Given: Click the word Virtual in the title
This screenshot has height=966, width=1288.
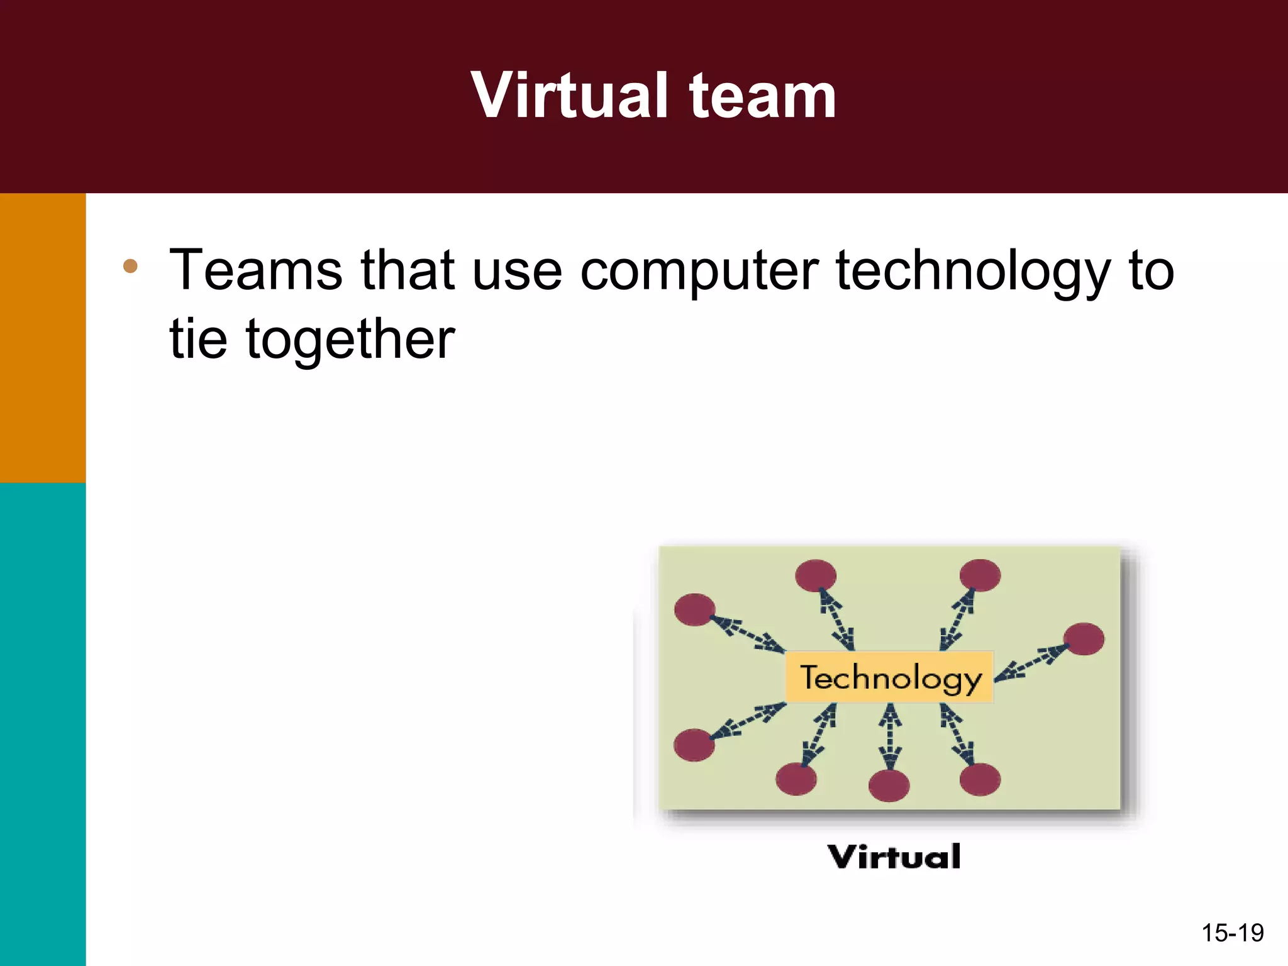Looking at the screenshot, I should tap(569, 96).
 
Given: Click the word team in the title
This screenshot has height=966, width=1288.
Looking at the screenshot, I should tap(762, 96).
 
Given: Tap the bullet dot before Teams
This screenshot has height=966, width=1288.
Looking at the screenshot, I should tap(130, 266).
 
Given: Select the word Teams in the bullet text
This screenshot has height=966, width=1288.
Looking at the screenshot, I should tap(256, 270).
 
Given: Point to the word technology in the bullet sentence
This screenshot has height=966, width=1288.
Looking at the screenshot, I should tap(974, 270).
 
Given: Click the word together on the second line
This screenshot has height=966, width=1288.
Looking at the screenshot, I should tap(350, 340).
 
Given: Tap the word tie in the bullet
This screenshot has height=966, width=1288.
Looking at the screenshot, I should tap(198, 340).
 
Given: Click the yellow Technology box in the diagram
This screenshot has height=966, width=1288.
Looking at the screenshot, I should tap(889, 677).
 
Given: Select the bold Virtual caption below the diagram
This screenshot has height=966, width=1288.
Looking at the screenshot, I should tap(894, 857).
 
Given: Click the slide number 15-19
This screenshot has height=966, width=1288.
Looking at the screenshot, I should tap(1232, 933).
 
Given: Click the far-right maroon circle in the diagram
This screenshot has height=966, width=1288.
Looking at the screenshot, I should tap(1084, 639).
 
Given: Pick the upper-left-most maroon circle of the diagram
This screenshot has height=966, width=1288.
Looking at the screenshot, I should tap(694, 609).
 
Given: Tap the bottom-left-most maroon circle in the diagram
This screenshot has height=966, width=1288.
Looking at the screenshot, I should tap(694, 745).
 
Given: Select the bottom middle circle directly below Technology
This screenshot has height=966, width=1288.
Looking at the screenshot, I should tap(889, 786).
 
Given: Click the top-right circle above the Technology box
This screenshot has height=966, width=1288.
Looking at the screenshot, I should tap(980, 575).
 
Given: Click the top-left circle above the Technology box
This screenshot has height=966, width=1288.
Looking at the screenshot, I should tap(816, 575).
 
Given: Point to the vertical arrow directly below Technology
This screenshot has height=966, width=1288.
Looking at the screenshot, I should tap(889, 736).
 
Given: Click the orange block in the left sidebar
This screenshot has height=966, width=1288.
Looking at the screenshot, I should tap(43, 338).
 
